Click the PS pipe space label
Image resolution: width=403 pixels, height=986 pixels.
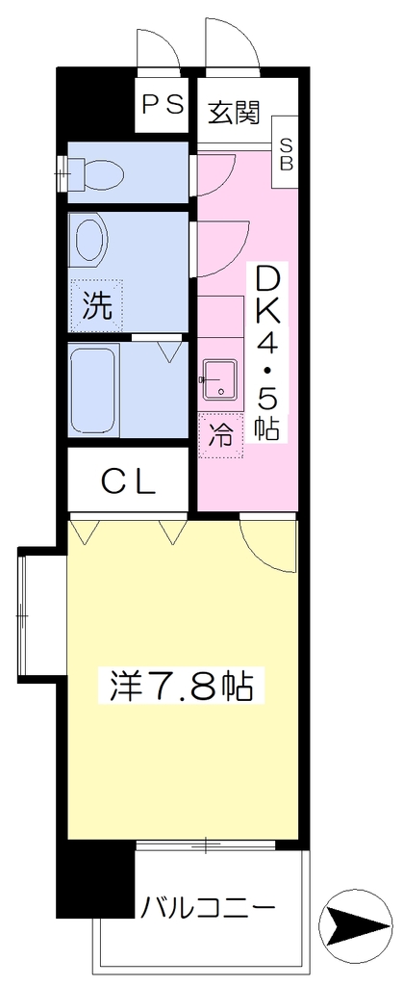(x=163, y=104)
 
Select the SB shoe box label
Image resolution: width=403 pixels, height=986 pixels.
(x=286, y=154)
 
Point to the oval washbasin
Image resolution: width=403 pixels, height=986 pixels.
(x=90, y=240)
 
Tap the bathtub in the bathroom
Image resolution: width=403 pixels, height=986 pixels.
(x=92, y=390)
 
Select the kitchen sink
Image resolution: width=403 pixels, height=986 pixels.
(x=219, y=379)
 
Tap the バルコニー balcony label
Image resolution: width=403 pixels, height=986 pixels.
(x=207, y=907)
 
